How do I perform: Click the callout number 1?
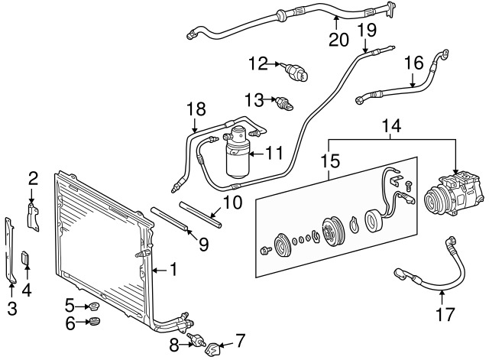[173, 269]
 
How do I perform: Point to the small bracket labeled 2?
[34, 216]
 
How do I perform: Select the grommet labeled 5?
[96, 307]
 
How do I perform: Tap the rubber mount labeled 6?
[96, 322]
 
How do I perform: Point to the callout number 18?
[195, 111]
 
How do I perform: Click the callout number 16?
[413, 61]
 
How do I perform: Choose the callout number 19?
[367, 31]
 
